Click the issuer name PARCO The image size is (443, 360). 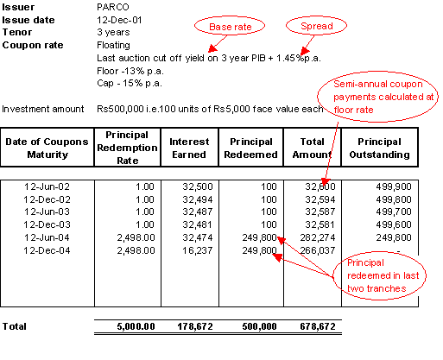113,7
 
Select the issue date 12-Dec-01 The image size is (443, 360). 119,20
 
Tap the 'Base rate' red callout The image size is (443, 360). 230,26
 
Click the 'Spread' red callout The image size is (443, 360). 316,26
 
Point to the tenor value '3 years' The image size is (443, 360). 113,32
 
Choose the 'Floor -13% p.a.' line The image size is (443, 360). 130,71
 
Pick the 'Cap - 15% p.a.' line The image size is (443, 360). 130,84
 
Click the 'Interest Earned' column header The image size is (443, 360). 189,148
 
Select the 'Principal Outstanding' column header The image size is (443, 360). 379,148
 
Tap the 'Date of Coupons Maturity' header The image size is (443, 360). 47,148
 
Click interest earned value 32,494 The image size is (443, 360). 198,199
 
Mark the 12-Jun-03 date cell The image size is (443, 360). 47,212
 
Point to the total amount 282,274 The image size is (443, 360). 318,237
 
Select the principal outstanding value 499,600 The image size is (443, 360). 394,224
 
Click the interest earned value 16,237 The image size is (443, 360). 198,250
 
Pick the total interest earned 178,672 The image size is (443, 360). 195,326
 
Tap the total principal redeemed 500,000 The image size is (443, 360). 259,326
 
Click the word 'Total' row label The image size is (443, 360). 15,326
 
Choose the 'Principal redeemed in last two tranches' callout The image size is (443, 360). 379,275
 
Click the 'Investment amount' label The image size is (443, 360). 43,109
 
